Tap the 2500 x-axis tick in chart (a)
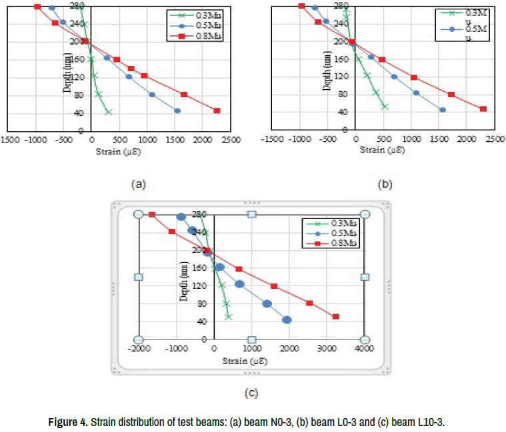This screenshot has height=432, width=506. (x=232, y=140)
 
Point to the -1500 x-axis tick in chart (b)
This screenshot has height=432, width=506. (x=272, y=140)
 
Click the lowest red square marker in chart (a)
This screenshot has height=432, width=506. (x=217, y=110)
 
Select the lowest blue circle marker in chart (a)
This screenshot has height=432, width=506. (x=177, y=110)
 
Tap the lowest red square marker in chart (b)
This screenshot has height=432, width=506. (x=483, y=108)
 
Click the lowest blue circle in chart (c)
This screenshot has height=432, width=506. (x=287, y=320)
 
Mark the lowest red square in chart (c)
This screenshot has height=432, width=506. (x=336, y=317)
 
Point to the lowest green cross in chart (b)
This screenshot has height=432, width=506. (x=385, y=106)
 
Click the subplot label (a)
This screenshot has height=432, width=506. (x=139, y=182)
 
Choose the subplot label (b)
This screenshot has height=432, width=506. (x=385, y=182)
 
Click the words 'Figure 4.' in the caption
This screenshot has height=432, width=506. (x=68, y=423)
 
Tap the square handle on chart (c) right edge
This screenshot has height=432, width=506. (x=365, y=277)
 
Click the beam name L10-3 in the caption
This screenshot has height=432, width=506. (x=429, y=423)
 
